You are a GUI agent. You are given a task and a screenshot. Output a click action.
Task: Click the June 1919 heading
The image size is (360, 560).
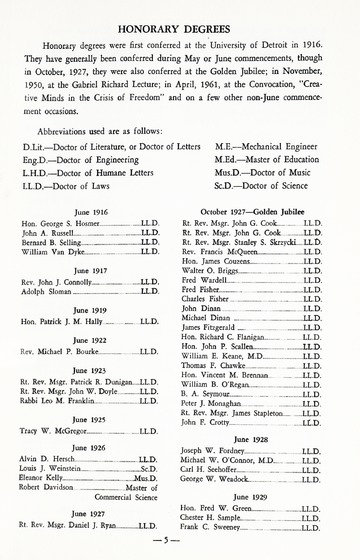click(90, 310)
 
